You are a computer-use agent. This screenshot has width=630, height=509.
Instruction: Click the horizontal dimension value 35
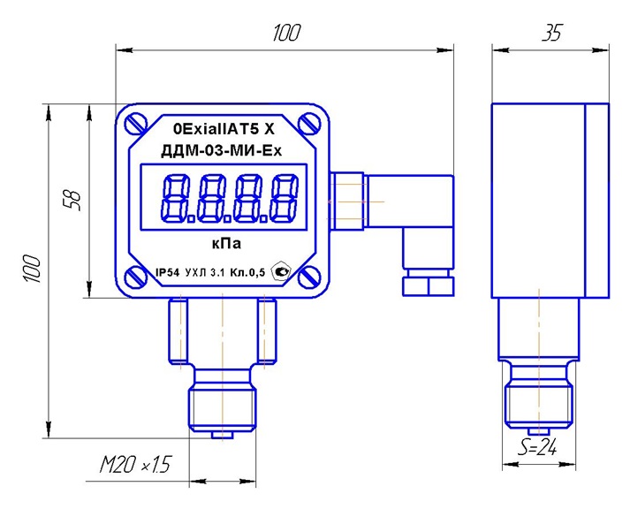point(550,34)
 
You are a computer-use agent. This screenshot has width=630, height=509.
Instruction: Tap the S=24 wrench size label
point(537,448)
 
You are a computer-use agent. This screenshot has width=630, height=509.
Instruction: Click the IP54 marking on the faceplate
point(166,275)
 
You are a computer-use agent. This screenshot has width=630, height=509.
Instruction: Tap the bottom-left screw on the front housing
point(134,277)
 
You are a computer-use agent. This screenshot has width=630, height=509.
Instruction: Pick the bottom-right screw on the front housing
point(311,277)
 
